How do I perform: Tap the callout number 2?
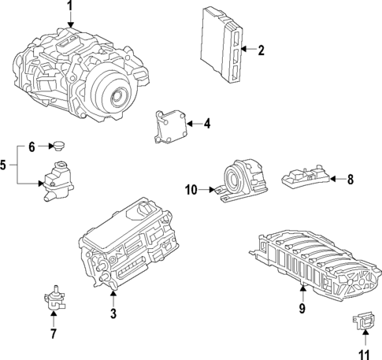tap(261, 50)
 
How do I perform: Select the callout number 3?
tap(113, 315)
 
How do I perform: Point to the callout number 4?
tap(207, 124)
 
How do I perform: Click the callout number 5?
tap(5, 165)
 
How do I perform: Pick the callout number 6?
tap(32, 147)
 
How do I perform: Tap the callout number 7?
tap(53, 334)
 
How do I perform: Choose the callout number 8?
tap(350, 180)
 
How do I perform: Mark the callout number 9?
tap(302, 310)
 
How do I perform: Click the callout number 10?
tap(191, 189)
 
